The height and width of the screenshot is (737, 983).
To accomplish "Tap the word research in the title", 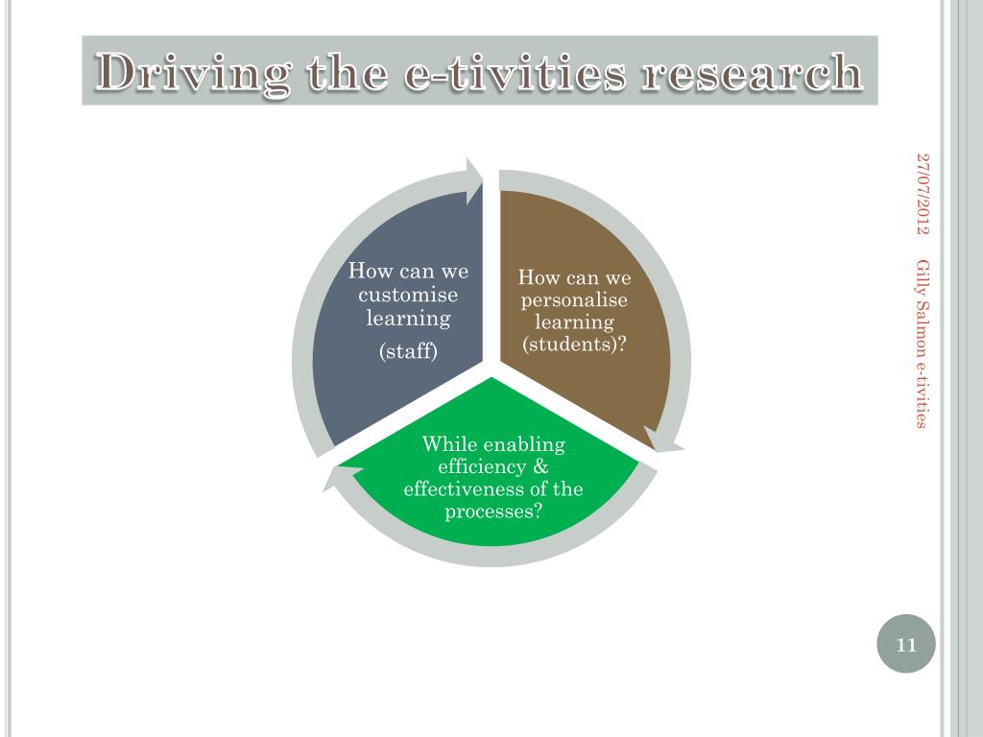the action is [x=751, y=73].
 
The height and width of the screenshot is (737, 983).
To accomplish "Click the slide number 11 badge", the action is [x=905, y=644].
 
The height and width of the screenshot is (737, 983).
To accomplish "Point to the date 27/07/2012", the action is [x=923, y=192].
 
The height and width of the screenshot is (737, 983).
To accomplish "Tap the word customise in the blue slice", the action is [x=408, y=295].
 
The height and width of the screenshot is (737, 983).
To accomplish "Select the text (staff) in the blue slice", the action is [x=408, y=351].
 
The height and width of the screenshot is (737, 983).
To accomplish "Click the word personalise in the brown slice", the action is [x=574, y=300].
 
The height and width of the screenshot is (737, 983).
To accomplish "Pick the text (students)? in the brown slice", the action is [x=574, y=344].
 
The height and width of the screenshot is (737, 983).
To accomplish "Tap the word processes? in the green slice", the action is [x=493, y=511].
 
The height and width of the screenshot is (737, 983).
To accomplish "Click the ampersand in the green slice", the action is [x=539, y=467].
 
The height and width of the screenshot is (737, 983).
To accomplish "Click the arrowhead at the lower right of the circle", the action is [x=661, y=440].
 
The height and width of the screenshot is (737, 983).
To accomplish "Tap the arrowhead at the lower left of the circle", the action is [x=342, y=477].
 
